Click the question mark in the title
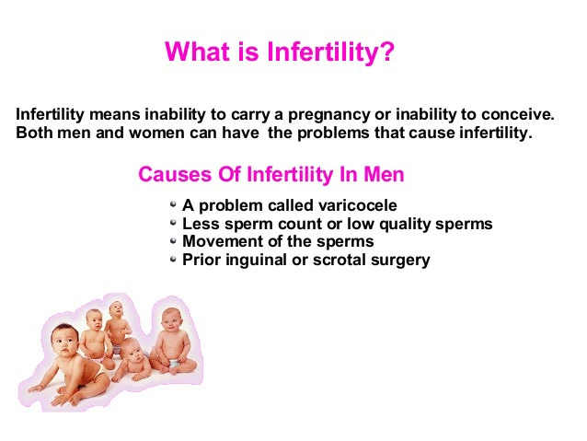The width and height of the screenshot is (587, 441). tap(386, 52)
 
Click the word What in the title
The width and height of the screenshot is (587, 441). tap(198, 52)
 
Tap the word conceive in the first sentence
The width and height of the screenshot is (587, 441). tap(517, 114)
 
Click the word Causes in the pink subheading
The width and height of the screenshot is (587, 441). tap(175, 175)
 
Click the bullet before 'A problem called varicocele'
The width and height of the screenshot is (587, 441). tap(173, 204)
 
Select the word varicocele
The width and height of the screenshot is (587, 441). tap(358, 205)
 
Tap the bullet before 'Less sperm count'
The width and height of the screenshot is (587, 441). tap(173, 223)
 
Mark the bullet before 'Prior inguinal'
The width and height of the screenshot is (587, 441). tap(173, 260)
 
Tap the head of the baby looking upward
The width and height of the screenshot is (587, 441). tap(117, 309)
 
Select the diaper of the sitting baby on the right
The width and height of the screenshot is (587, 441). tap(175, 365)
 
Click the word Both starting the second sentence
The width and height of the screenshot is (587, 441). tap(34, 133)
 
